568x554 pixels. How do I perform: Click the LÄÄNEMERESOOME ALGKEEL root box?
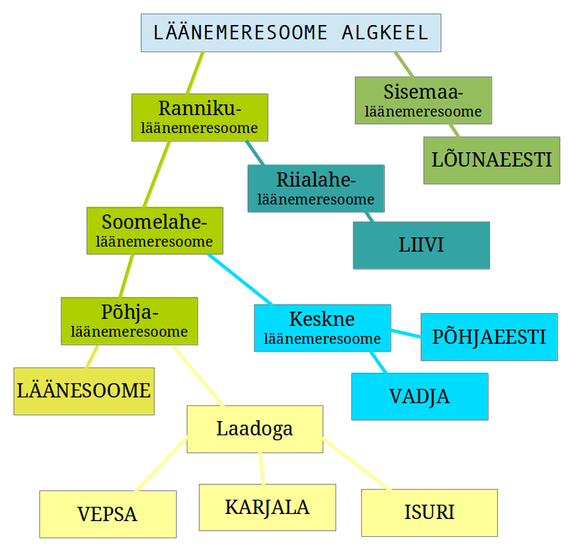pos(290,32)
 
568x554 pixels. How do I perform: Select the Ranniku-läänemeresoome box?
pos(200,117)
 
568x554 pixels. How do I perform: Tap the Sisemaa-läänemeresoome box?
pos(423,100)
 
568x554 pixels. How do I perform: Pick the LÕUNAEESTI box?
pos(491,160)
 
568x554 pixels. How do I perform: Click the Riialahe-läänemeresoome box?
pos(315,188)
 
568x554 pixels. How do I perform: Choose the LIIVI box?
pos(421,245)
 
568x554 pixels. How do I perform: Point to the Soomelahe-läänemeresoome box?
pos(155,230)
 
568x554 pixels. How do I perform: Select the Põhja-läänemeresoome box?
pos(129,321)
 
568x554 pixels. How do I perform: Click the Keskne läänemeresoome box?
pos(322,327)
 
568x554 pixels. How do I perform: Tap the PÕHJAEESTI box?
pos(489,337)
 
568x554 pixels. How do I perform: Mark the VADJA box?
pos(419,396)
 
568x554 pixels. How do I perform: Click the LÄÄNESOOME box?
pos(84,391)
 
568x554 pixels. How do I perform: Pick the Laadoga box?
pos(255,429)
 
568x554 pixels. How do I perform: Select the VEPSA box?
pos(107,514)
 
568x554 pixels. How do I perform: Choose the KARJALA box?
pos(267,507)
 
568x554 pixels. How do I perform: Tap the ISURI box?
pos(429,513)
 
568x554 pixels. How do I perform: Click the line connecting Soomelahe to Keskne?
pos(240,279)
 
